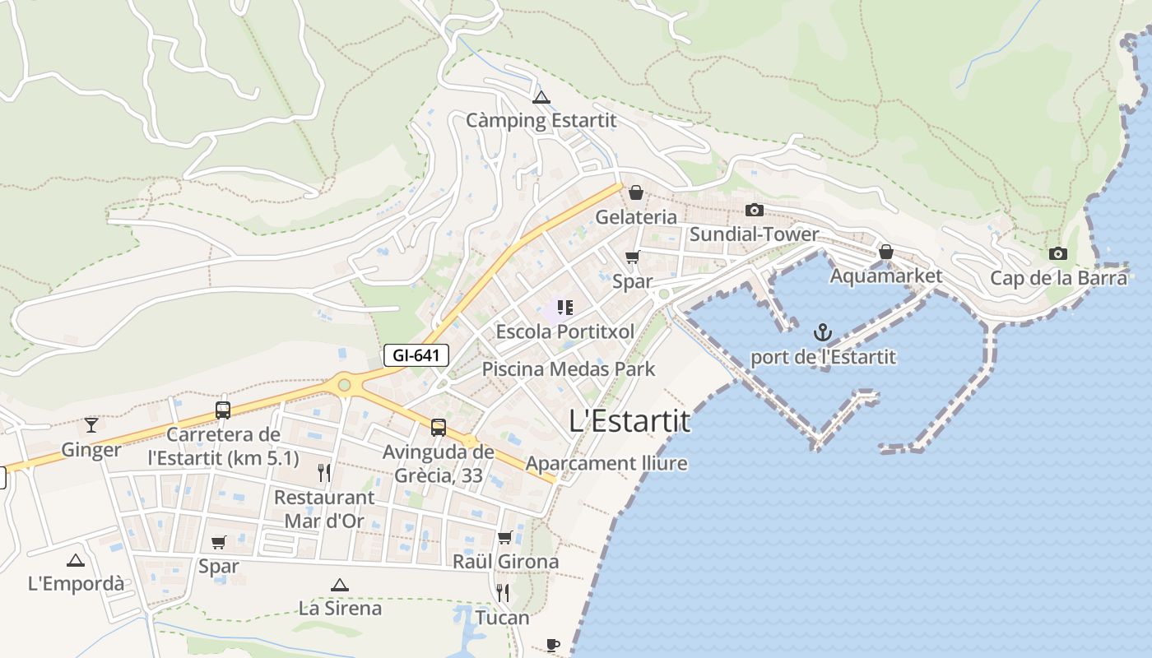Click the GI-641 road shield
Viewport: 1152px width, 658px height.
[416, 355]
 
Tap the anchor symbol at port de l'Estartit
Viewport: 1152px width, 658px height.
[822, 332]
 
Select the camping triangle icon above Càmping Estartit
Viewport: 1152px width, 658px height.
[541, 98]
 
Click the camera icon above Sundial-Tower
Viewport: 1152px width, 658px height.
[754, 211]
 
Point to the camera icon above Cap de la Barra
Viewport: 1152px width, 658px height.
[1058, 253]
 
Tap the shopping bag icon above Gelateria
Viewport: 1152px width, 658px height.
[635, 192]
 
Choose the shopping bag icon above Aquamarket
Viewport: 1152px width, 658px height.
[885, 252]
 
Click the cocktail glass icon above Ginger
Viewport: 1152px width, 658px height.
[91, 425]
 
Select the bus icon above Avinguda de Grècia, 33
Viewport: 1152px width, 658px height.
[439, 428]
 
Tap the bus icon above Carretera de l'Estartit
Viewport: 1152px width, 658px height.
[222, 410]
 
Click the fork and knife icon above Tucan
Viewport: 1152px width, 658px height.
[503, 593]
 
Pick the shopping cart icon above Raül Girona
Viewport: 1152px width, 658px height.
[504, 537]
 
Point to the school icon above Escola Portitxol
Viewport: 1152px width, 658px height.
[564, 308]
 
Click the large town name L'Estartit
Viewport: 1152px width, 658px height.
[629, 421]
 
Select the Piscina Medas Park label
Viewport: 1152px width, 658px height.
[569, 368]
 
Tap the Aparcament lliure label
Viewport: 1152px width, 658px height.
[606, 463]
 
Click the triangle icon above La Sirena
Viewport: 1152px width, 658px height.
[339, 585]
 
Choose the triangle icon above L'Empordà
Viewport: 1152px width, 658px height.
[76, 560]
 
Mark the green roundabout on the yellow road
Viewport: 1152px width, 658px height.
[344, 384]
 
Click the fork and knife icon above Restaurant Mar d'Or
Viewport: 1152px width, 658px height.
[324, 472]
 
